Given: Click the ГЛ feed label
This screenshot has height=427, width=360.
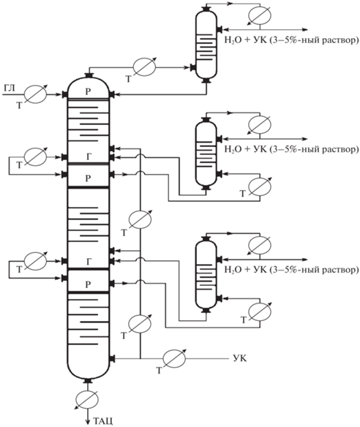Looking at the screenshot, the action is click(x=9, y=88).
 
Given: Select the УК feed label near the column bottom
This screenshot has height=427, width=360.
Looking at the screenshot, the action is click(x=240, y=358).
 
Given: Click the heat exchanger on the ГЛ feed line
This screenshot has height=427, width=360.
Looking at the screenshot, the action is click(x=35, y=94).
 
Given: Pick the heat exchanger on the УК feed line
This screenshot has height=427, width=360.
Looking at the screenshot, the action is click(x=174, y=358).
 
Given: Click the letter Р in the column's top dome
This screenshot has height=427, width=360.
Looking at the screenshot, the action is click(x=88, y=92).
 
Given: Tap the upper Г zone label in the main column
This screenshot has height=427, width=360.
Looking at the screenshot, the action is click(x=89, y=157).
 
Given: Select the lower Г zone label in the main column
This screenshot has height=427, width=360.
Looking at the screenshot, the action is click(x=89, y=262).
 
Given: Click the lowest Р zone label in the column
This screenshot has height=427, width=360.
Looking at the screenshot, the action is click(x=88, y=285).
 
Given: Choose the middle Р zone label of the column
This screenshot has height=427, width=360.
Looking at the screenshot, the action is click(x=88, y=178).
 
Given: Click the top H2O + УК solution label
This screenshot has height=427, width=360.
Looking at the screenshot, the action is click(x=291, y=40).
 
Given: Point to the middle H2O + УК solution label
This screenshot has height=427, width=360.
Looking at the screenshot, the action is click(x=291, y=149).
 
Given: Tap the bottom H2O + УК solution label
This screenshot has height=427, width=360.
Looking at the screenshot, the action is click(x=291, y=270).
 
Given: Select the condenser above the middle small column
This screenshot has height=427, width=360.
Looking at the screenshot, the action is click(x=260, y=125).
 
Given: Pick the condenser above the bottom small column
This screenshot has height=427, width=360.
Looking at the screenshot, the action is click(x=260, y=245).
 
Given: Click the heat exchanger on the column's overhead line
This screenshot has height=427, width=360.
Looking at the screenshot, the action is click(x=144, y=67).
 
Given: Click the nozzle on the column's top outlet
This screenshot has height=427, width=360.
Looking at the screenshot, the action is click(x=89, y=75).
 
